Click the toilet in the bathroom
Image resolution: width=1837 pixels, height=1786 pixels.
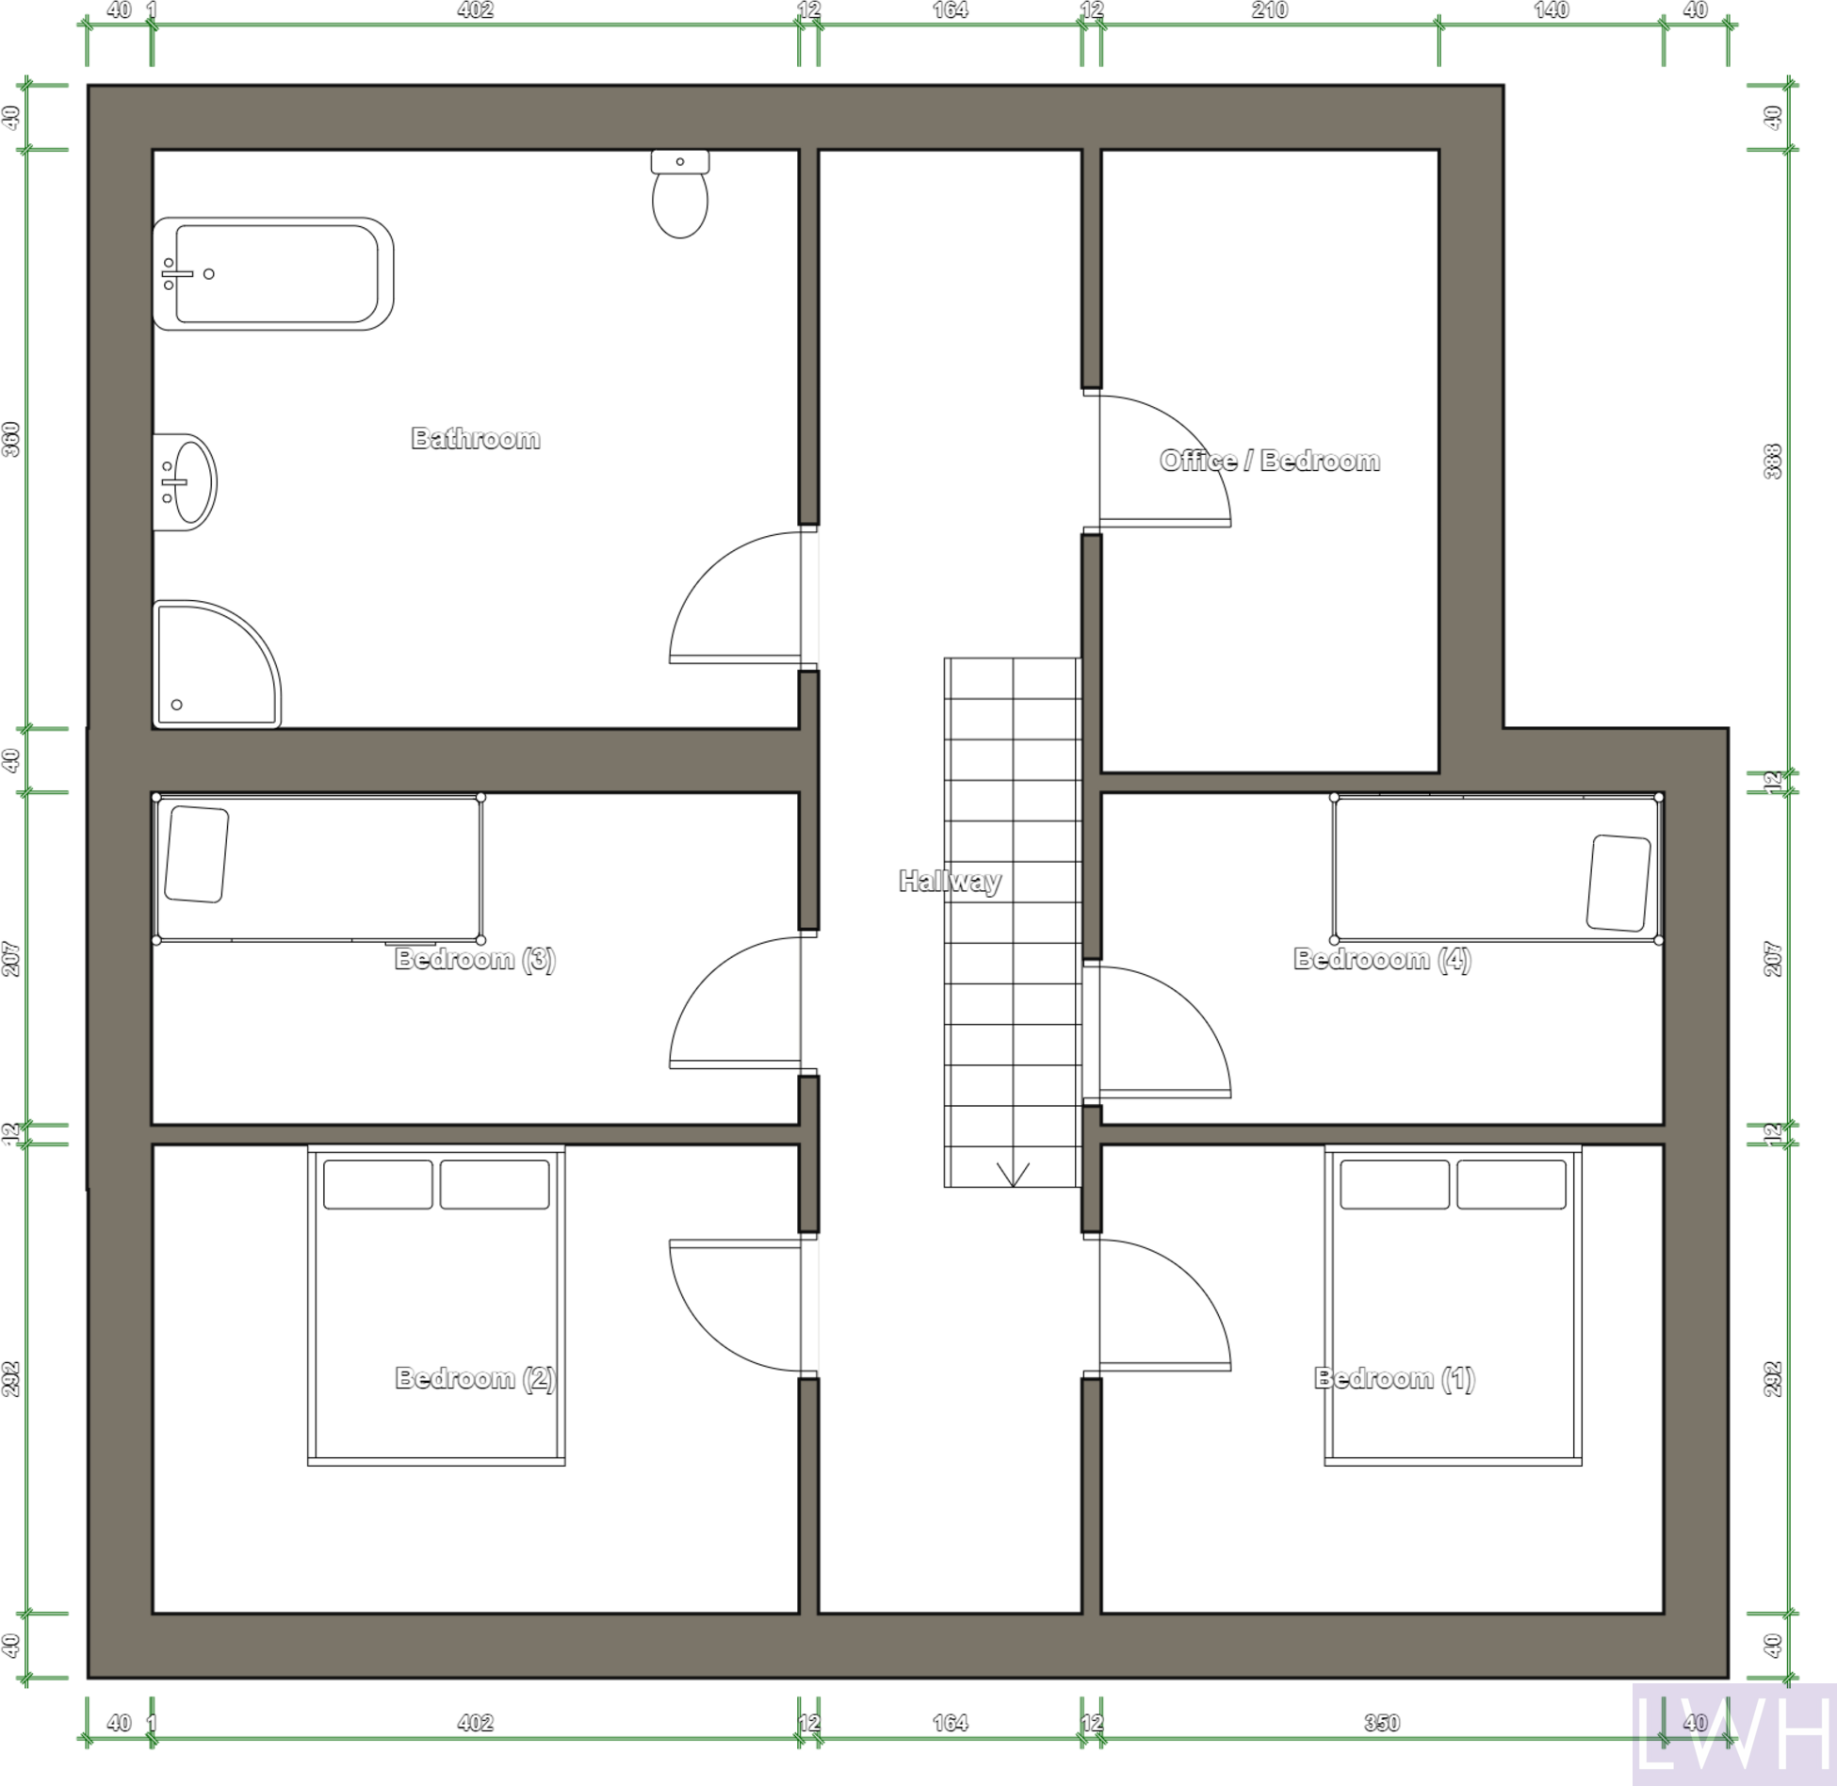pos(679,196)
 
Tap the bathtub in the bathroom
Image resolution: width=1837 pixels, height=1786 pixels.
pos(273,274)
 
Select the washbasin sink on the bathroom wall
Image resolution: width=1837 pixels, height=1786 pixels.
pos(187,482)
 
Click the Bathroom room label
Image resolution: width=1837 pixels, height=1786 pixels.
pos(476,438)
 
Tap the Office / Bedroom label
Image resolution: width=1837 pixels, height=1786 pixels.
pos(1269,461)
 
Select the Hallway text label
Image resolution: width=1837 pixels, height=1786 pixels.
pos(949,881)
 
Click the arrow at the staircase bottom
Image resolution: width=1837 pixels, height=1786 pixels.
pos(1013,1174)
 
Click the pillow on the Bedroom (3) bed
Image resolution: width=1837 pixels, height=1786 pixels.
pos(197,854)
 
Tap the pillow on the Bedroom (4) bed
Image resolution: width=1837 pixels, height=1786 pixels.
pos(1618,883)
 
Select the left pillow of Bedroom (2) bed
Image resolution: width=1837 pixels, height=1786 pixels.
pos(378,1184)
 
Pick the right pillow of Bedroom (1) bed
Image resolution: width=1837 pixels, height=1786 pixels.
pos(1510,1184)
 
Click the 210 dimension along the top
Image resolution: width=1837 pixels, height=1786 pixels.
pos(1269,10)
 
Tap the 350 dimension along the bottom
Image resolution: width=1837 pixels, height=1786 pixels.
pos(1381,1723)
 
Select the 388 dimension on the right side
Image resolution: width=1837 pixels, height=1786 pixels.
pos(1772,462)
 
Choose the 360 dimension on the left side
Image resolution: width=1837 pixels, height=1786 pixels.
pos(11,439)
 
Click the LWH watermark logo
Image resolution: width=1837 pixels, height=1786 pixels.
pos(1733,1734)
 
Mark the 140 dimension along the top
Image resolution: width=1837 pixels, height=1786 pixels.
pos(1551,10)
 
